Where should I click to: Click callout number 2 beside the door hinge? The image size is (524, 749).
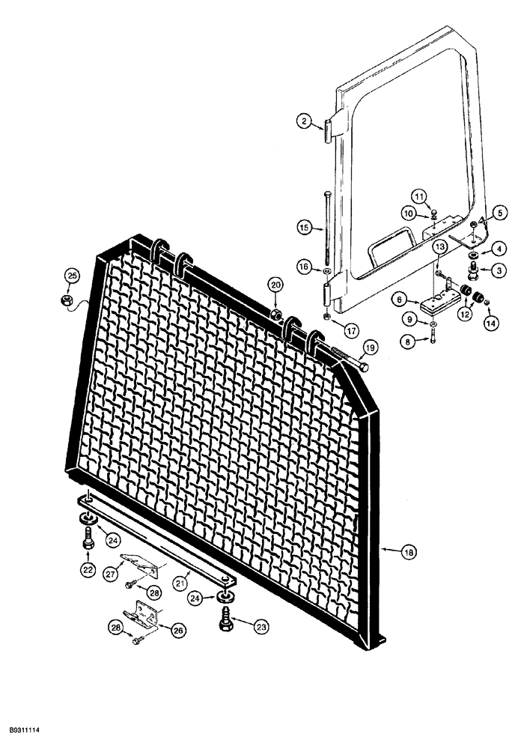click(302, 121)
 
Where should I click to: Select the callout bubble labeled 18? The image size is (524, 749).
click(409, 552)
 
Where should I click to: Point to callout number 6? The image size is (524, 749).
click(400, 298)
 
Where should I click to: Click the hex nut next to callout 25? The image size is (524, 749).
click(66, 300)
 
